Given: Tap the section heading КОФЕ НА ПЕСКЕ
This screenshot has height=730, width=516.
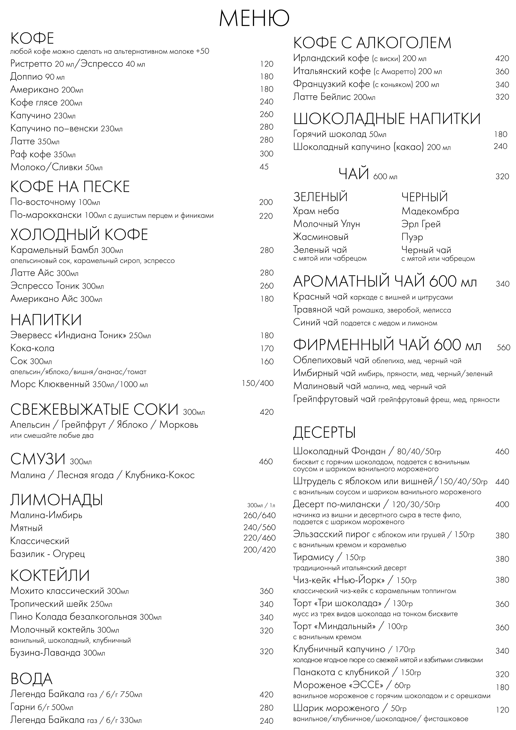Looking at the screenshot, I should coord(70,187).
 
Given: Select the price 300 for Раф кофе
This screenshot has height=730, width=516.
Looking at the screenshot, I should coord(266,154).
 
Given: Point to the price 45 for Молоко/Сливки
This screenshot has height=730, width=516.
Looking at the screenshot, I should coord(264,167).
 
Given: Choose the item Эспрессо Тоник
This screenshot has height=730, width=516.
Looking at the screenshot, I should coord(45,286).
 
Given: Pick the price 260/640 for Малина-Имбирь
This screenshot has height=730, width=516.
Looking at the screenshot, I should coord(259,515).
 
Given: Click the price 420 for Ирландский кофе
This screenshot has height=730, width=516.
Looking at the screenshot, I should coord(502,58).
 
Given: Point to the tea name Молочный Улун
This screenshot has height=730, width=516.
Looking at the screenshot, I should coord(326,224).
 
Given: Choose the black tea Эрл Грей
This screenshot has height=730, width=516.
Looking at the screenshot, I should coord(421,224).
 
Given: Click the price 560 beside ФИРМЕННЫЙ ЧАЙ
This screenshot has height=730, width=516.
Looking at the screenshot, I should coord(503,348).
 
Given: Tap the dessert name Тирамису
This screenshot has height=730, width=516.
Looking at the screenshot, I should coord(313,557).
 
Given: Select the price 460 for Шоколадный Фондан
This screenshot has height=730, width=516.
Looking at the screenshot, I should coord(502,452).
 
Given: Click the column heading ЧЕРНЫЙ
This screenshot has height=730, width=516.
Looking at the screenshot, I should coord(424,197).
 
